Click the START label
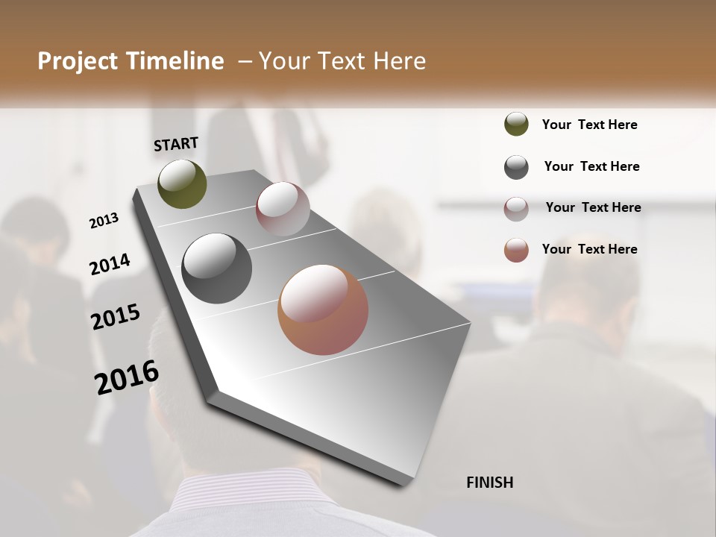point(176,144)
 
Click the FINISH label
point(489,483)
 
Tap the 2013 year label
point(104,221)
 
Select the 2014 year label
point(110,265)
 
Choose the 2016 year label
point(127,377)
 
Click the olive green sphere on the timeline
point(183,183)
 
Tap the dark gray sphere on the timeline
point(217,268)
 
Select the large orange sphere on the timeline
point(323,310)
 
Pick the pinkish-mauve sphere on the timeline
point(283,209)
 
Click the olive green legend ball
point(516,125)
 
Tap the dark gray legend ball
point(516,167)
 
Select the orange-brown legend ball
point(516,250)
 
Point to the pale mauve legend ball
point(516,209)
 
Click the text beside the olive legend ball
point(589,125)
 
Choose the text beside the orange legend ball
point(589,249)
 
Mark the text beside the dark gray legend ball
point(591,166)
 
